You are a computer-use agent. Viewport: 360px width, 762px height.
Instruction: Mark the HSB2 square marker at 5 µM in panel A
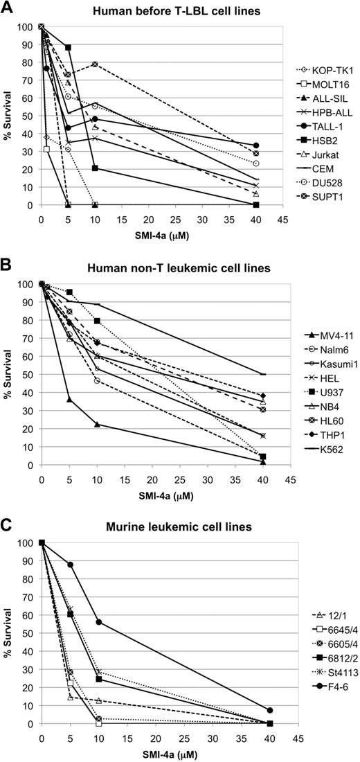point(69,47)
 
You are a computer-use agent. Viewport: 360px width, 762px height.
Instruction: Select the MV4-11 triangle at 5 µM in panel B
point(69,400)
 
